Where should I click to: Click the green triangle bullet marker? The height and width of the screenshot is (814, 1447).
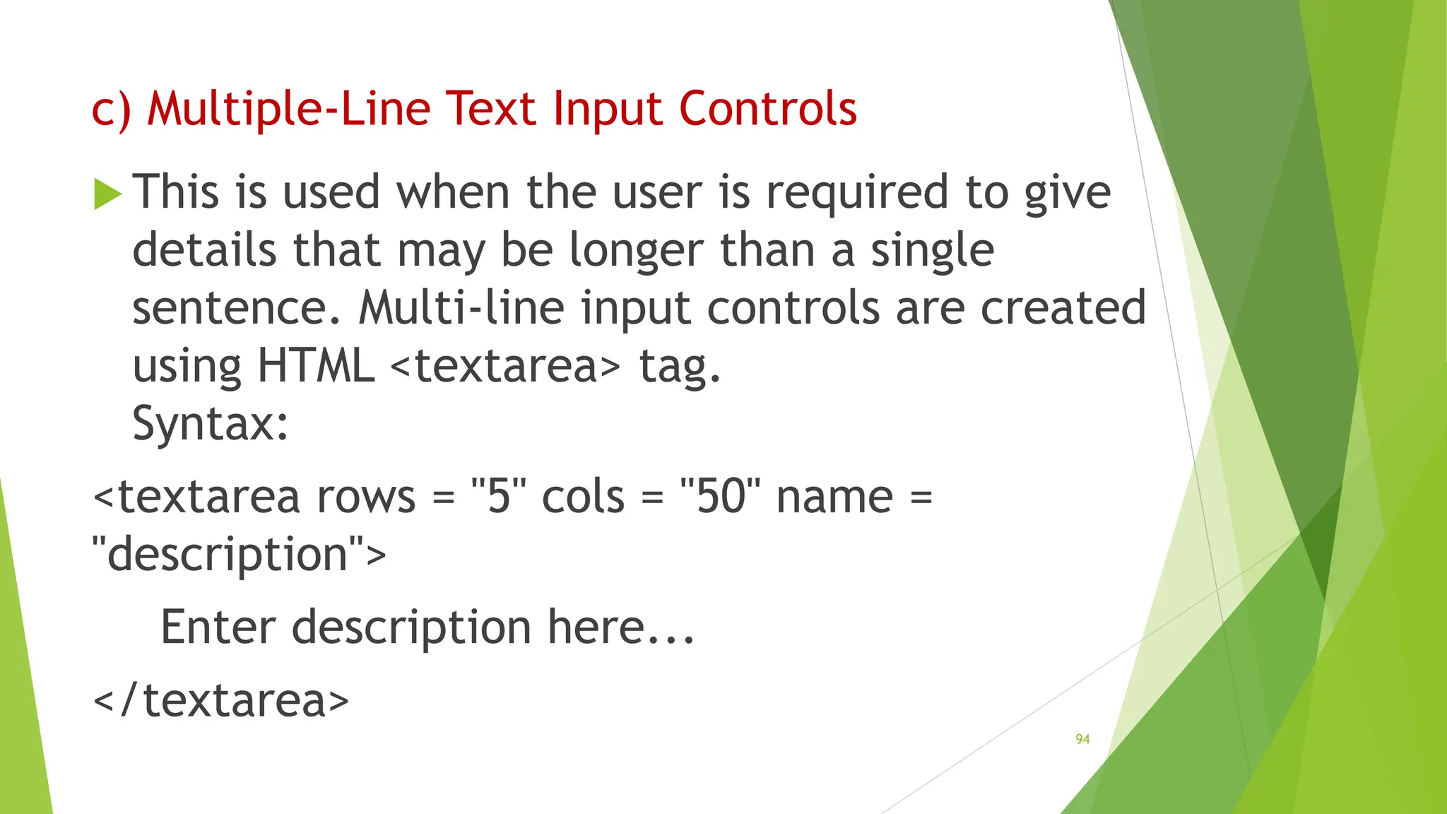107,194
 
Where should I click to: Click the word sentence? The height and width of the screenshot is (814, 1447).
237,309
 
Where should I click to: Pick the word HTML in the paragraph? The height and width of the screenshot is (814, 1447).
315,366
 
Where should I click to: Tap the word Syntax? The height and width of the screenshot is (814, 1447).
211,424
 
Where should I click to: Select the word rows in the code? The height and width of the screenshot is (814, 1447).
366,497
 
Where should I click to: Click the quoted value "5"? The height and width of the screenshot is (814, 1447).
499,497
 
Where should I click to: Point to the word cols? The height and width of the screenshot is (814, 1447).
584,497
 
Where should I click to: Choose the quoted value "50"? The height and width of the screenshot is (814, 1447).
721,497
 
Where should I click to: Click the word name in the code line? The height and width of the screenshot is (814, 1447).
834,497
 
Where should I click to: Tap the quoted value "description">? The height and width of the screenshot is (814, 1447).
240,554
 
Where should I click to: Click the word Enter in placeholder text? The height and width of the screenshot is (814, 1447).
218,627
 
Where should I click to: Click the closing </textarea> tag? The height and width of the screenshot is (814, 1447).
221,700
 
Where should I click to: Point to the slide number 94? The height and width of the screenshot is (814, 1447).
1082,739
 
